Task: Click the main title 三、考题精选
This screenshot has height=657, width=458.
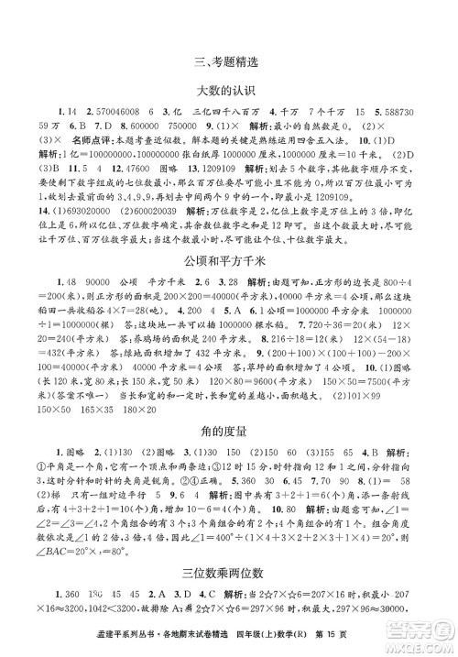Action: tap(229, 63)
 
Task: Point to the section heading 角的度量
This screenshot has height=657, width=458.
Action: tap(229, 428)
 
